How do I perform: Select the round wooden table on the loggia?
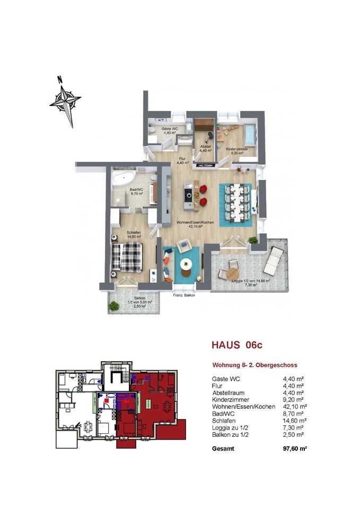tap(233, 273)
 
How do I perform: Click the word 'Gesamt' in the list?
tap(222, 448)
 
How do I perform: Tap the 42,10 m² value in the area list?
tap(293, 406)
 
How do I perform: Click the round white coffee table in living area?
tap(187, 263)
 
